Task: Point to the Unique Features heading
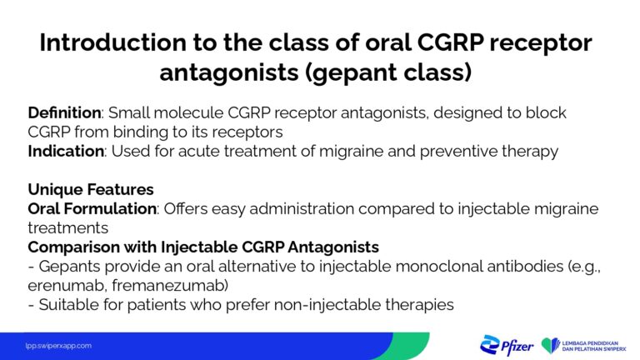click(x=90, y=189)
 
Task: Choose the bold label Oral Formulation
click(x=90, y=208)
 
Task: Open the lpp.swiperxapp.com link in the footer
click(x=57, y=345)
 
